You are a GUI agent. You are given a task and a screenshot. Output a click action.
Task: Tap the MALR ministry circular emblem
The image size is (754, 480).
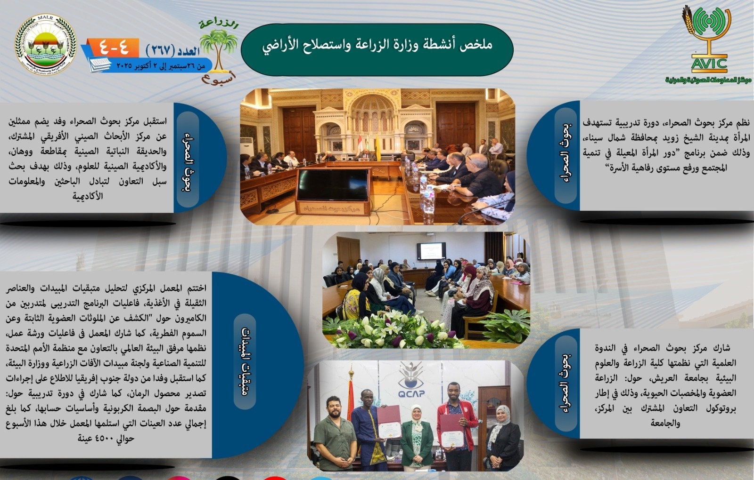[46, 44]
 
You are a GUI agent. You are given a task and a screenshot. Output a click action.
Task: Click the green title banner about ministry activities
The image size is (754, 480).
[377, 49]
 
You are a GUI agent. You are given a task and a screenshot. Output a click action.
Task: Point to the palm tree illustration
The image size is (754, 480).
[218, 50]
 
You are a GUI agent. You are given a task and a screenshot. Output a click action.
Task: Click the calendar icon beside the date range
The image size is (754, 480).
[100, 64]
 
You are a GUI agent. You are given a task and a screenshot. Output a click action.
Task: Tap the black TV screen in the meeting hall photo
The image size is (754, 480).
[333, 185]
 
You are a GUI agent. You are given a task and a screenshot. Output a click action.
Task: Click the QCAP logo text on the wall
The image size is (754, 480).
[411, 393]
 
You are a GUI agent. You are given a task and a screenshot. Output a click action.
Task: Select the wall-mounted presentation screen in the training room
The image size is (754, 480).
[431, 251]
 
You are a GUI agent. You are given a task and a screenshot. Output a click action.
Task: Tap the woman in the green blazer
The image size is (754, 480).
[417, 437]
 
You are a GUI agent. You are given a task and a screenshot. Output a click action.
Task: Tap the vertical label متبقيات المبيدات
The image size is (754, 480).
[245, 361]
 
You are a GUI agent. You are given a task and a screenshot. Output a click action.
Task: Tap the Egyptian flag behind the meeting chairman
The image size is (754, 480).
[360, 144]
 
